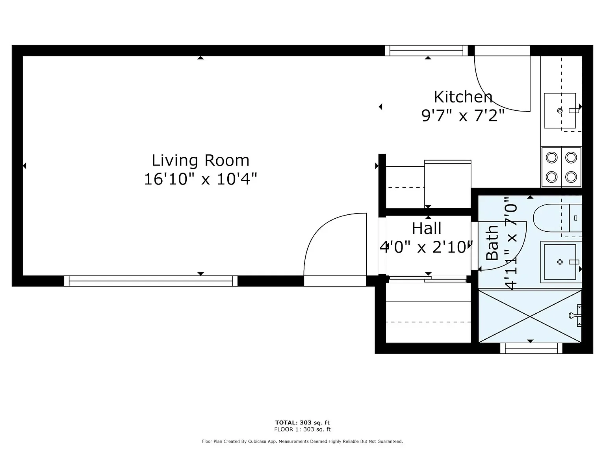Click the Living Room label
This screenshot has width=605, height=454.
coord(200,160)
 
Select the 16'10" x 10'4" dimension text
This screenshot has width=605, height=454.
coord(200,179)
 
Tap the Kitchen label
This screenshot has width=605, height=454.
coord(463,97)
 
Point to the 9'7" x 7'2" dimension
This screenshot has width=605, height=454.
coord(463,115)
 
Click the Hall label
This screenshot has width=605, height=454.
coord(427,228)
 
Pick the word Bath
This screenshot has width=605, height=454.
coord(492,243)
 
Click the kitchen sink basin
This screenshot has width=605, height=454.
coord(560,110)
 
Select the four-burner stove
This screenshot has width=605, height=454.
coord(561,167)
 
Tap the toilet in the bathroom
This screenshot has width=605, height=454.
coord(557,218)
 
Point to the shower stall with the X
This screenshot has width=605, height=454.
coord(530,316)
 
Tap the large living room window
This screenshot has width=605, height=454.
coord(150,281)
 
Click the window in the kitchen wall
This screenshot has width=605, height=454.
coord(426,50)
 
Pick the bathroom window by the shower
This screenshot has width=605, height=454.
coord(531,348)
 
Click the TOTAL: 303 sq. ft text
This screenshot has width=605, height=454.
coord(302,422)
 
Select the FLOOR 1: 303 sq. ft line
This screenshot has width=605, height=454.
coord(302,429)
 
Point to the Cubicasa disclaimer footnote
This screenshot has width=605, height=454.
coord(302,441)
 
